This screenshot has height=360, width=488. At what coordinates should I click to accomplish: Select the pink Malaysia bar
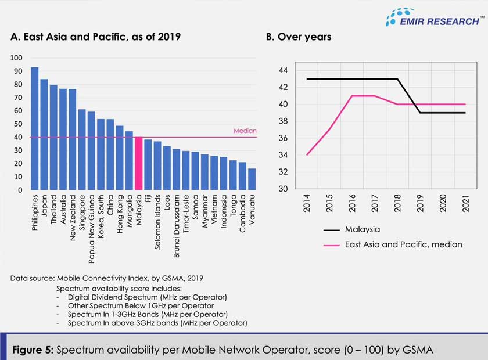pos(138,164)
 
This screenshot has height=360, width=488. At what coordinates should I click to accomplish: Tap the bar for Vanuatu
pos(251,179)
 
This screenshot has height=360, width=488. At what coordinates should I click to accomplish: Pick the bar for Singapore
pos(82,150)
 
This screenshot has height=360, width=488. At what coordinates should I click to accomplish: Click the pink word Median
pos(245,131)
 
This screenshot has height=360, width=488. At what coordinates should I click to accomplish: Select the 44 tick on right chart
pos(283,70)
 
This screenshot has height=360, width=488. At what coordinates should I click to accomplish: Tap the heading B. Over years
pos(299,37)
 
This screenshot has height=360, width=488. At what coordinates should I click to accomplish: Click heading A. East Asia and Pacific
pos(95,37)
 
